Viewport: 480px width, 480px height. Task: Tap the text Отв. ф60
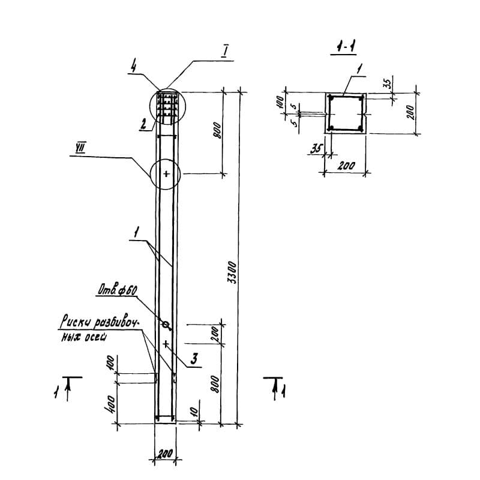tap(118, 291)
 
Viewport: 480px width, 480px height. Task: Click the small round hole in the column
tap(166, 325)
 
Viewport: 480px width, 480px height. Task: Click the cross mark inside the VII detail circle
tap(167, 174)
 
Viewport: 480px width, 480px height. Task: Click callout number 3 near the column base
tap(194, 359)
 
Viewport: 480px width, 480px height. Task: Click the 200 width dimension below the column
tap(165, 454)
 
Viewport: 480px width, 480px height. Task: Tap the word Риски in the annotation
tap(74, 324)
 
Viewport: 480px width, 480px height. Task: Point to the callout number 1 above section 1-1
tap(359, 70)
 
